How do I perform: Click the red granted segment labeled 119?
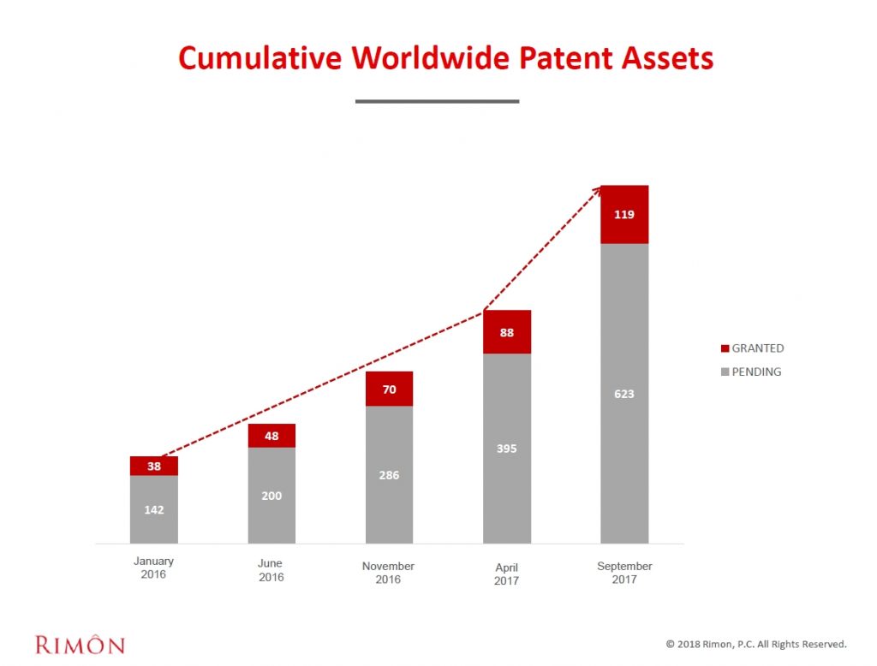pos(624,215)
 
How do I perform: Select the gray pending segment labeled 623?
pos(624,394)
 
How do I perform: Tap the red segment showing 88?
pos(507,332)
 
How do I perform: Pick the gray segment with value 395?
pos(507,449)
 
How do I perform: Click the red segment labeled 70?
pos(389,389)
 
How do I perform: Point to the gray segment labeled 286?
pos(389,475)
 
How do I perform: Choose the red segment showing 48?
pos(271,436)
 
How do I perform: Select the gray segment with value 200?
pos(271,496)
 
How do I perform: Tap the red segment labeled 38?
pos(154,467)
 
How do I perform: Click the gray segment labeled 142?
pos(154,509)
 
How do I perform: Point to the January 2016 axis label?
pos(154,568)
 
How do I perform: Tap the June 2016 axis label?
pos(271,570)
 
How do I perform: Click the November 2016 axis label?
pos(388,573)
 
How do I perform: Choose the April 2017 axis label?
pos(506,574)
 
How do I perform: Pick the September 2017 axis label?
pos(624,573)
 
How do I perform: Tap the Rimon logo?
pos(80,644)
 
